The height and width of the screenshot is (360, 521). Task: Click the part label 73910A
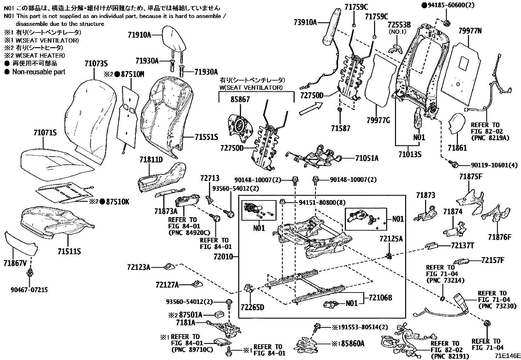[x=305, y=23]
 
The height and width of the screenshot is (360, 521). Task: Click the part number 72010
[x=223, y=256]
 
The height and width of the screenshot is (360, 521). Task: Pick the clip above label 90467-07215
[x=31, y=272]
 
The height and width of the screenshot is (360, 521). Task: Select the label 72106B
[x=380, y=298]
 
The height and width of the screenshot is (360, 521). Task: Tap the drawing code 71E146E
[x=507, y=356]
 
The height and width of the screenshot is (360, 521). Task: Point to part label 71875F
[x=471, y=177]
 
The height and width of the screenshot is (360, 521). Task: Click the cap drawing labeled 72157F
[x=464, y=261]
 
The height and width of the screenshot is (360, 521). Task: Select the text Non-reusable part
[x=39, y=72]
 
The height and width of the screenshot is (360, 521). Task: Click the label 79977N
[x=470, y=31]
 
